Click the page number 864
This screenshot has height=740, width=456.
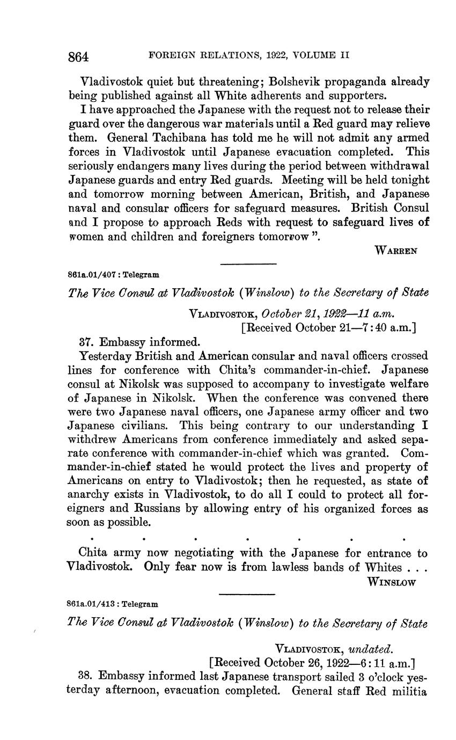pyautogui.click(x=78, y=56)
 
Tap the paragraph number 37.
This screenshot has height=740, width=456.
pyautogui.click(x=86, y=341)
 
